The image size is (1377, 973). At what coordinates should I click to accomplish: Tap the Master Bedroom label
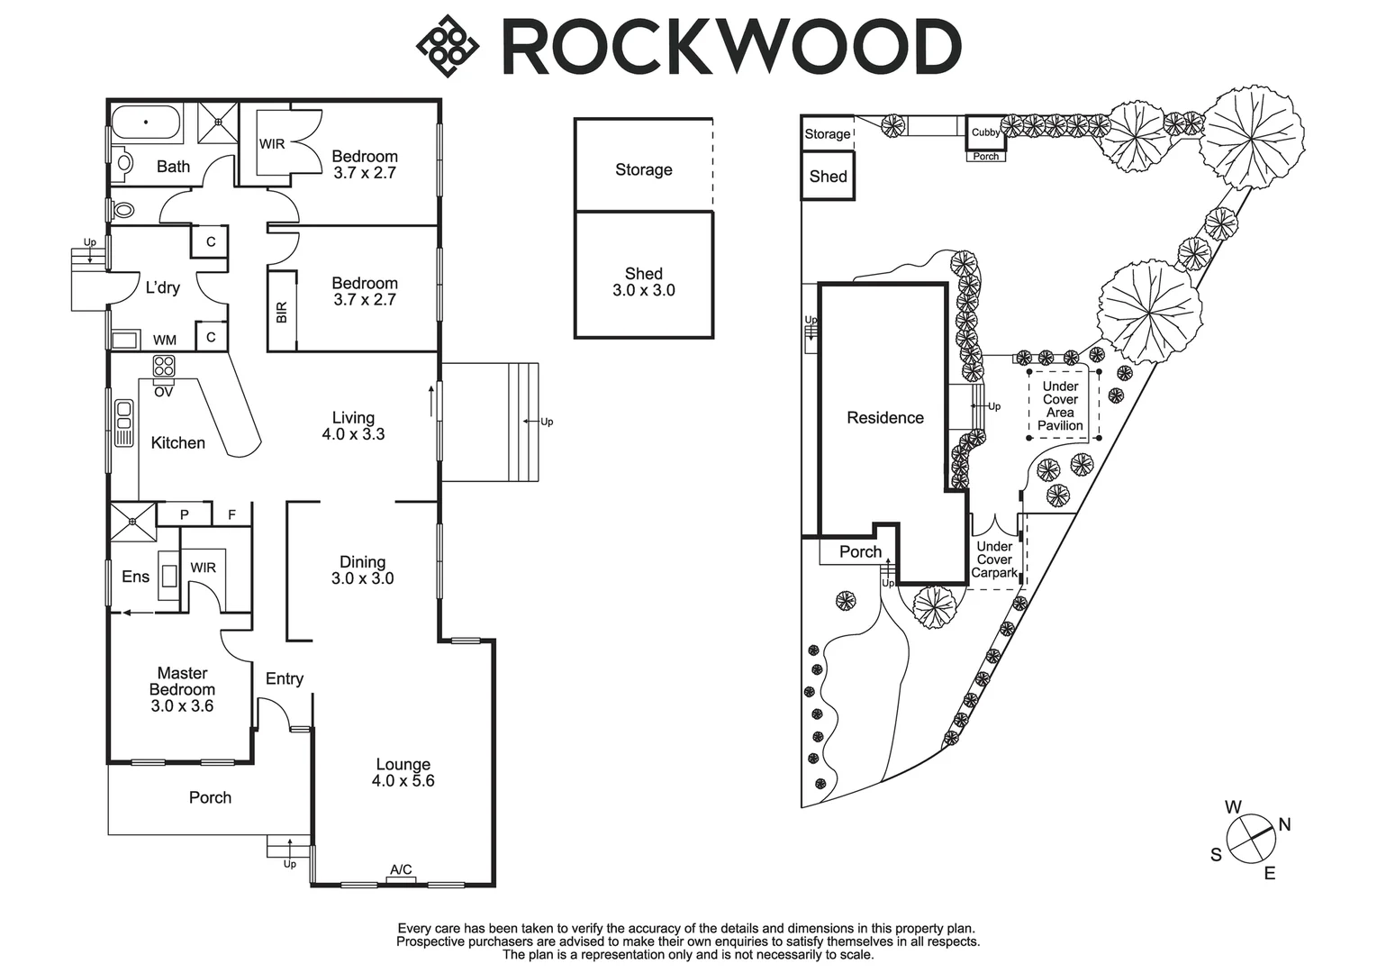pos(182,689)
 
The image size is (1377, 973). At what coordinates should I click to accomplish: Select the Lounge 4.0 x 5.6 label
pos(403,773)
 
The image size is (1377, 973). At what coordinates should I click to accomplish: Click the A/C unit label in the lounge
pos(401,869)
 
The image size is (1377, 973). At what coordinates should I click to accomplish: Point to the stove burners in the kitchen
pos(164,366)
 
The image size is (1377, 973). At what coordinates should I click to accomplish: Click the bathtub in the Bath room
pos(146,121)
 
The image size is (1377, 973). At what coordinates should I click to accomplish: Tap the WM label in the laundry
pos(165,340)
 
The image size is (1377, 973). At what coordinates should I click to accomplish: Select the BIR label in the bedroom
pos(281,312)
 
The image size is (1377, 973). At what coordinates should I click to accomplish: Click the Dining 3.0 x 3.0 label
pos(362,570)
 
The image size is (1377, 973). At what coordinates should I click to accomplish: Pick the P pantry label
pos(185,514)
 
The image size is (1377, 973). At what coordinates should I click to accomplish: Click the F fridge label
pos(231,514)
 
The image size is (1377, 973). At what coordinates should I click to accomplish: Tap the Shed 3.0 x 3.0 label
pos(643,282)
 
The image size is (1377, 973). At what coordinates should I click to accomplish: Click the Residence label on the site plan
pos(885,417)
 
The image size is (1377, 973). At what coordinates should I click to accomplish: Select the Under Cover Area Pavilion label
pos(1060,406)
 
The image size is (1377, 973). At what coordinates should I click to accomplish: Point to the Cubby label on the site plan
pos(985,132)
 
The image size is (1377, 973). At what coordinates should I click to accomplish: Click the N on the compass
pos(1284,824)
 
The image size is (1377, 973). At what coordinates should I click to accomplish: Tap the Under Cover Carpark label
pos(994,559)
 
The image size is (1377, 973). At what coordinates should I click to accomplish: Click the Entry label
pos(285,678)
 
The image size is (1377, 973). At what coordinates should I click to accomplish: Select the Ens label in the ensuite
pos(135,577)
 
